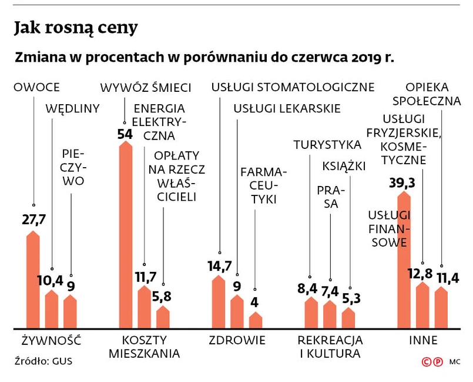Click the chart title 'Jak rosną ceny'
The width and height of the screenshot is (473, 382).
[76, 27]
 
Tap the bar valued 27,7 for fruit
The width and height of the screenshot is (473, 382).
[33, 280]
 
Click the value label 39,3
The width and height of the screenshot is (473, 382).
[402, 183]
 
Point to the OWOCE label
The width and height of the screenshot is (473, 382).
[36, 88]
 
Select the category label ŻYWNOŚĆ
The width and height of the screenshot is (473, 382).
[51, 340]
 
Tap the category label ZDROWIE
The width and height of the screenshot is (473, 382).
[237, 340]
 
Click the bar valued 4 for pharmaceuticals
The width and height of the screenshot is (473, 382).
[256, 320]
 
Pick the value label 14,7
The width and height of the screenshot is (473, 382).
[219, 266]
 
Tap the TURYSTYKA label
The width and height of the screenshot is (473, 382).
[327, 144]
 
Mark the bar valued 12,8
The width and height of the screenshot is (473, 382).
[422, 305]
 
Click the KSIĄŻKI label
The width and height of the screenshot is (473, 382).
[344, 166]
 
